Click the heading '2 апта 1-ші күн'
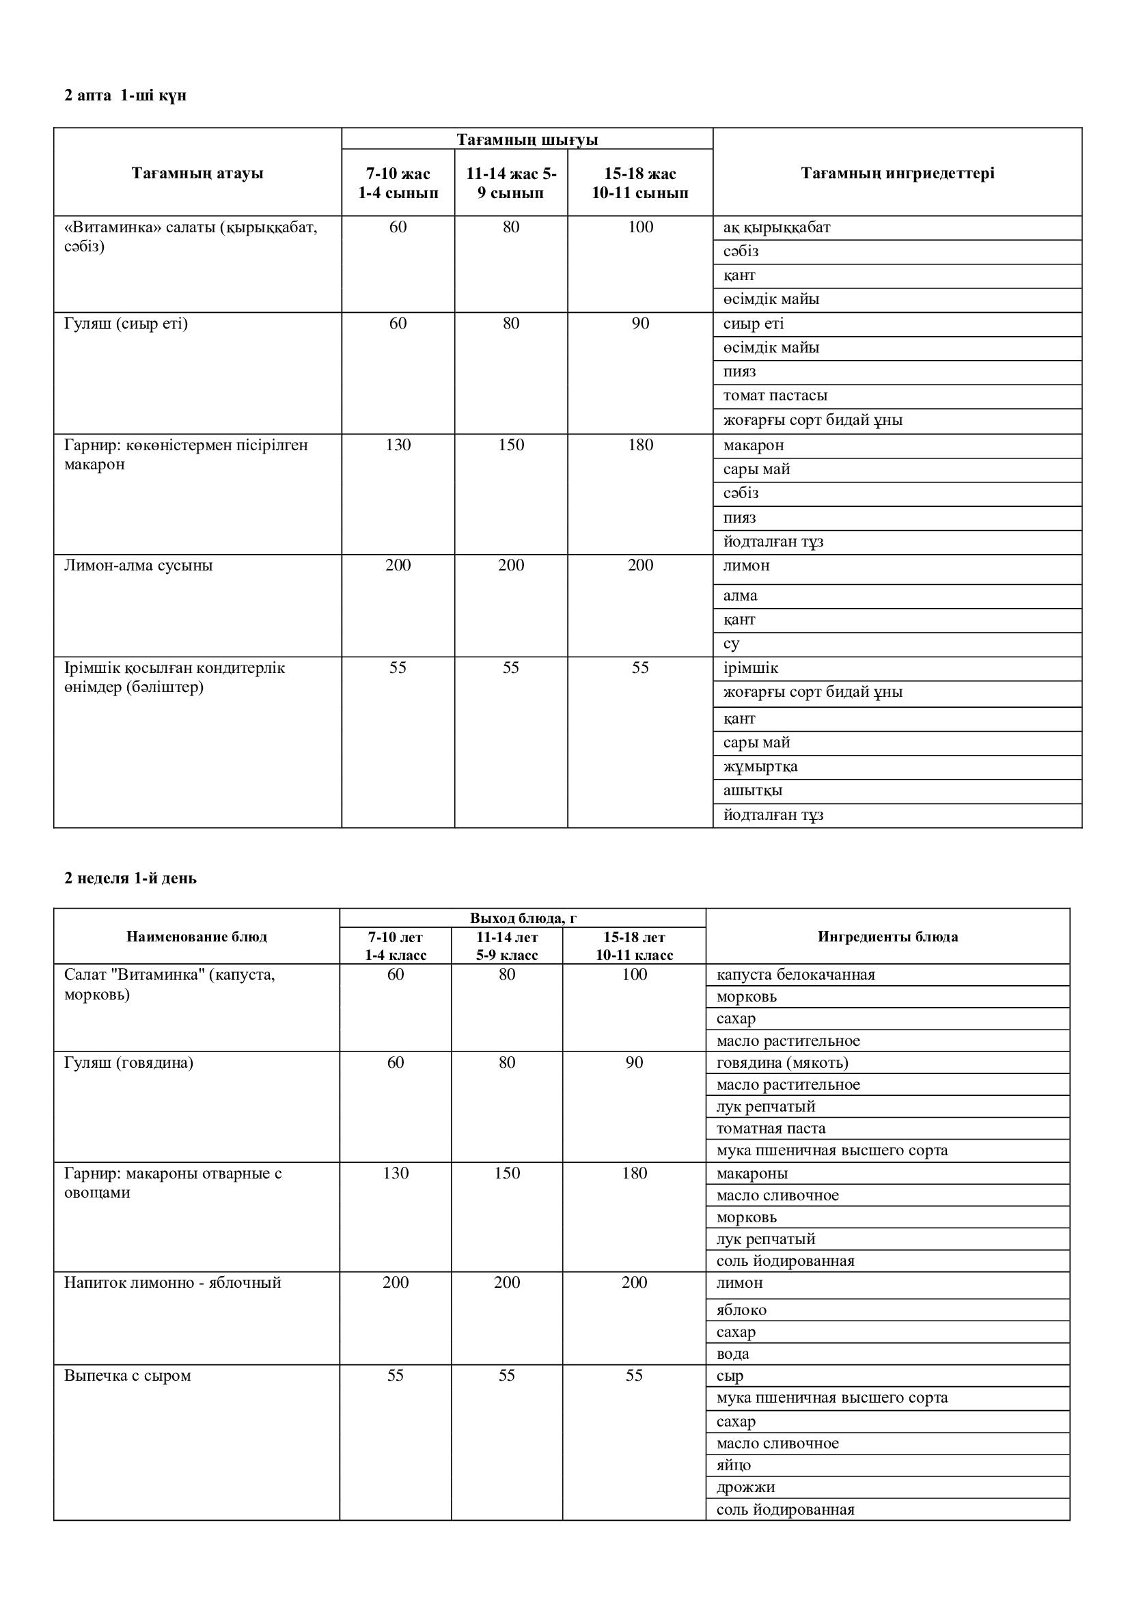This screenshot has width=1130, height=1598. pos(125,96)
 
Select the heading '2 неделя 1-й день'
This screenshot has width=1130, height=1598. pos(130,879)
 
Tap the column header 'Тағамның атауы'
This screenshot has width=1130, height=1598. pos(197,174)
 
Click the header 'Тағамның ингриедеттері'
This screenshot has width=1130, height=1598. pos(898,174)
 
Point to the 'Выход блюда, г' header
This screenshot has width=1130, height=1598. pos(523,918)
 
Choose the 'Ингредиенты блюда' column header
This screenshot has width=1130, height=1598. pos(888,937)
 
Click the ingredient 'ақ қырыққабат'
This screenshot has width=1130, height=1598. pos(777,228)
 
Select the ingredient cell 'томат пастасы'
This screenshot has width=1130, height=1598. pos(775,396)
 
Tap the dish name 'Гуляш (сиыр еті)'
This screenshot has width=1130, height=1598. pos(126,324)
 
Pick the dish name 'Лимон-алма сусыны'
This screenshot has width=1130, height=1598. pos(139,565)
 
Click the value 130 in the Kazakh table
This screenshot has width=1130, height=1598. pos(398,445)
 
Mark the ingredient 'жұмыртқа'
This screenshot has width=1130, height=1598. pos(760,767)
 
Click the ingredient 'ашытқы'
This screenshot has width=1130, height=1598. pos(753,790)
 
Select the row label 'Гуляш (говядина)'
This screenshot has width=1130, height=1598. pos(128,1063)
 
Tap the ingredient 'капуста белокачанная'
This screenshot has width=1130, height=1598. pos(796,975)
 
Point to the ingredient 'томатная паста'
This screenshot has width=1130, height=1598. pos(771,1129)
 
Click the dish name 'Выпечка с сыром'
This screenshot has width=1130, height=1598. pos(127,1376)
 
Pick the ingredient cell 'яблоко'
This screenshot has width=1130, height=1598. pos(742,1310)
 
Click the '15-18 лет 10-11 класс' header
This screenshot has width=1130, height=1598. pos(634,946)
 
